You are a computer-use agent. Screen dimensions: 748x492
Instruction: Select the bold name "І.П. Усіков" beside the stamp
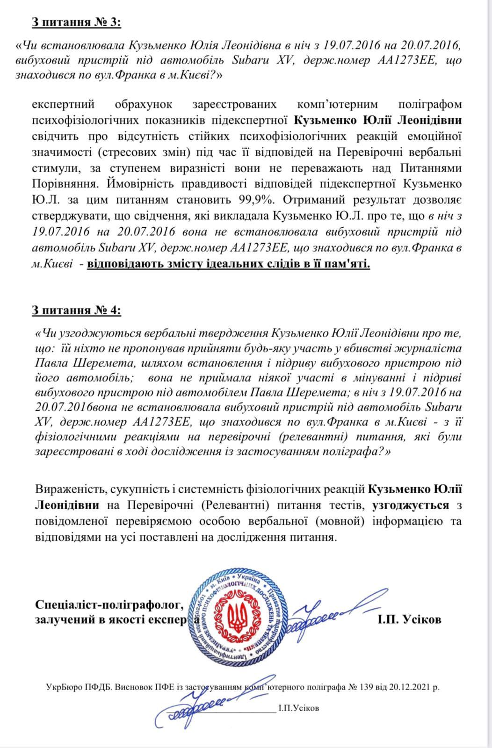409,619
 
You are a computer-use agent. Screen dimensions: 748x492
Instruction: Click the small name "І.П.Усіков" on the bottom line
298,708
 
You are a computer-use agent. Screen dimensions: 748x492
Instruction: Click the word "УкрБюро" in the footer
62,687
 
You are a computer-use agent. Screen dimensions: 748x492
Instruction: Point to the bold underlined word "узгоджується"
411,505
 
